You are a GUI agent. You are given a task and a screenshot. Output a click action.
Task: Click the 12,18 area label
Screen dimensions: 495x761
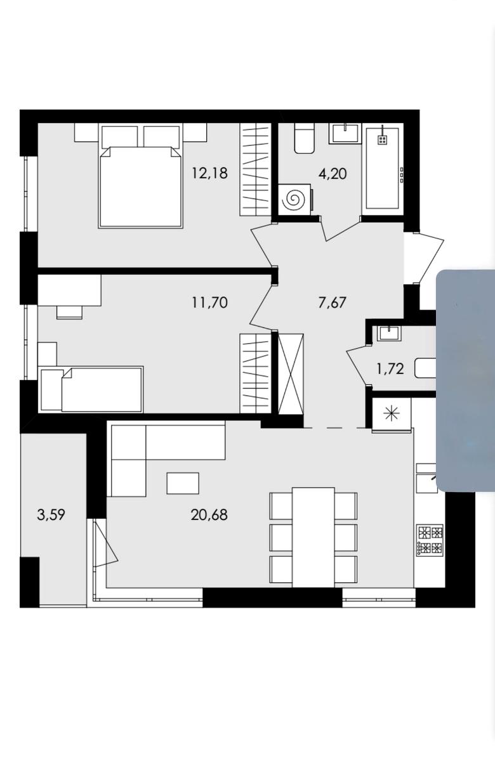(x=209, y=173)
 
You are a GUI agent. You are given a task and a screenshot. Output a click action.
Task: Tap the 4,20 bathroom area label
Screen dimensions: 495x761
(x=333, y=174)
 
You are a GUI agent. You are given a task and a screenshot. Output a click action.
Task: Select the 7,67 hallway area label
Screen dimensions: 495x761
(x=332, y=302)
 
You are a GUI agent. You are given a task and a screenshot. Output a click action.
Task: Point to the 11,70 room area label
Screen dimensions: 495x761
(x=209, y=302)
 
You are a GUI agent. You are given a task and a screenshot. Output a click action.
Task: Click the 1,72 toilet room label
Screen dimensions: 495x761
(x=390, y=368)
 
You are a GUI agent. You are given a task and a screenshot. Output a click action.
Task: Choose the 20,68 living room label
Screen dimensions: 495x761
(x=209, y=515)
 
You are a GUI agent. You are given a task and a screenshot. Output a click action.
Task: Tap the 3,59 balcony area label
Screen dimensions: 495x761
(x=51, y=515)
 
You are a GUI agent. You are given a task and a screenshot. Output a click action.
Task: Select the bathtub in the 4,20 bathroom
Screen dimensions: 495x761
(x=383, y=169)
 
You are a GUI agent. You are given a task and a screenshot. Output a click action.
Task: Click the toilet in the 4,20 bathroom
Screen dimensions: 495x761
(x=304, y=139)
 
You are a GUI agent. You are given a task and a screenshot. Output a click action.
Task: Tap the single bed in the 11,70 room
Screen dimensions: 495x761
(x=91, y=389)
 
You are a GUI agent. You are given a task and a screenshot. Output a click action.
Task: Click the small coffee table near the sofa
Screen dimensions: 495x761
(x=183, y=483)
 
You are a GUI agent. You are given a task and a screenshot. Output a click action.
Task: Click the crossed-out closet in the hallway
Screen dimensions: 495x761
(x=291, y=374)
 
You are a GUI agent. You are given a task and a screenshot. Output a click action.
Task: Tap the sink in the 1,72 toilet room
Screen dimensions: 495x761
(x=389, y=334)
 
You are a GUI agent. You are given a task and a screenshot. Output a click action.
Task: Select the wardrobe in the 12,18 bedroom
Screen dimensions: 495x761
(x=256, y=169)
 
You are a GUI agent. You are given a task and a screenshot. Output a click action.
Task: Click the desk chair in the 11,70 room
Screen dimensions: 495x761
(x=69, y=312)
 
